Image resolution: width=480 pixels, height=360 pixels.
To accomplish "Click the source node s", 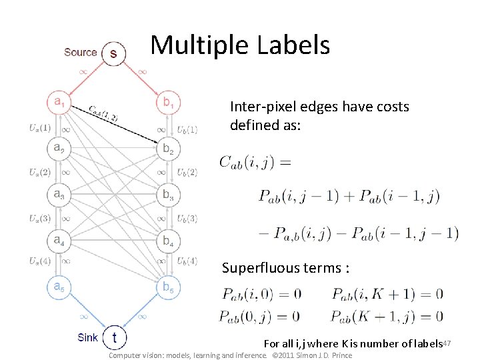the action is (x=113, y=53).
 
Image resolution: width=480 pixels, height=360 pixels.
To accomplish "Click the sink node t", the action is (x=115, y=337).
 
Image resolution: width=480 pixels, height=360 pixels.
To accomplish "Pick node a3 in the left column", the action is (x=60, y=195).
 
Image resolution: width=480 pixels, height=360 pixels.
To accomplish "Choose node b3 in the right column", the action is (x=167, y=195).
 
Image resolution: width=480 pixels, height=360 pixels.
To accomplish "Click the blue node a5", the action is (x=60, y=287).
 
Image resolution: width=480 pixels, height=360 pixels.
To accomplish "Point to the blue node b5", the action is (x=167, y=287).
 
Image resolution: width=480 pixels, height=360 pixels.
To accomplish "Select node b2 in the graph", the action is (x=167, y=149).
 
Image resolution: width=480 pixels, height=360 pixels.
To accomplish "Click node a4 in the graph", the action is (x=60, y=240).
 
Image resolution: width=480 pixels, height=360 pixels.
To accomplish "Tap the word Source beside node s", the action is (x=80, y=52).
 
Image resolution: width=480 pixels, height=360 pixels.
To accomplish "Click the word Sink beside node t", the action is (x=87, y=337).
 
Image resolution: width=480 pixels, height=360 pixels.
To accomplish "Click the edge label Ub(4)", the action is (x=187, y=261).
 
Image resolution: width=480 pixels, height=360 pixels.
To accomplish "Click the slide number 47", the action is (x=447, y=342).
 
